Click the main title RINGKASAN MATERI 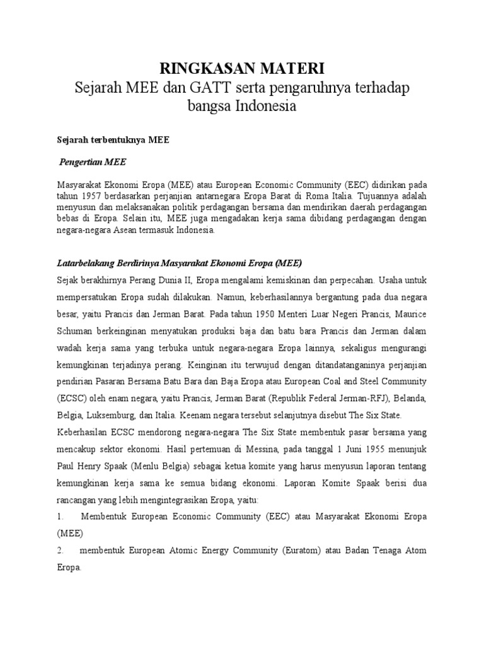[241, 69]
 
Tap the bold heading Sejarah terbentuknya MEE [109, 142]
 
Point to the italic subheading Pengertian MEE [93, 163]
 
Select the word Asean [134, 230]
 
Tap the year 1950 [298, 312]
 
